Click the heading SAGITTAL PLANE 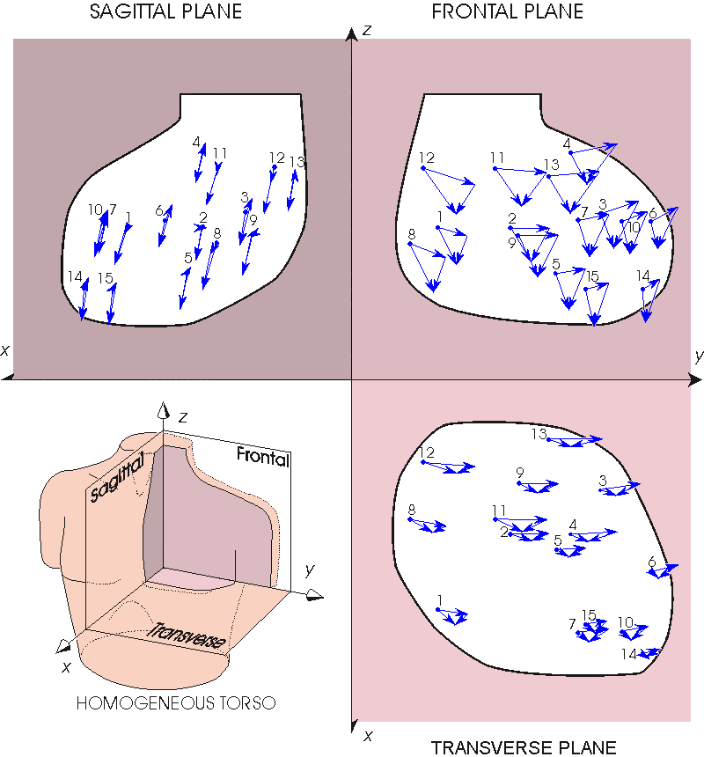point(165,11)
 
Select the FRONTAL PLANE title point(507,11)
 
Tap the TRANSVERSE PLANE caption point(524,747)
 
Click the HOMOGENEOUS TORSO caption point(176,703)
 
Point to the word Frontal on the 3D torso point(263,457)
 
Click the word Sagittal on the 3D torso point(117,477)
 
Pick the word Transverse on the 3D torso point(187,636)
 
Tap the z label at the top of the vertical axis point(367,31)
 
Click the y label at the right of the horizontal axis point(699,356)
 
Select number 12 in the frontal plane point(427,158)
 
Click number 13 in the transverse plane point(539,434)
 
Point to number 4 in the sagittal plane point(196,142)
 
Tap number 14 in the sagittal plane point(75,276)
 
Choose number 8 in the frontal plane point(412,234)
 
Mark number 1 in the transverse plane point(440,600)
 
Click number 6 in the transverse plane point(652,562)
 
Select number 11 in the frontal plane point(497,158)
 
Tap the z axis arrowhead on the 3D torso point(164,409)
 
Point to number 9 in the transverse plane point(520,472)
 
